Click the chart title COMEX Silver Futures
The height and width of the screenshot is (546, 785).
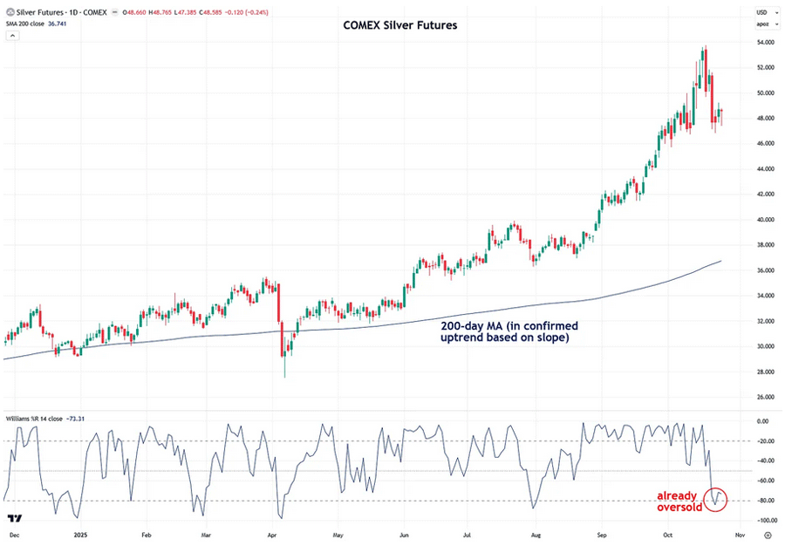399,25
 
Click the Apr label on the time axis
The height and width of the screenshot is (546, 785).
271,533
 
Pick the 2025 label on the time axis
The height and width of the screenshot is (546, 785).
78,533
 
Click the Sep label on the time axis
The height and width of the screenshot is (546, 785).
602,533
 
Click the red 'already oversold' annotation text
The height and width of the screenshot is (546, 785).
680,502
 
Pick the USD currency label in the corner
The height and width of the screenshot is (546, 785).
761,12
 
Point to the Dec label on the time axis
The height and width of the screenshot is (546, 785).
14,533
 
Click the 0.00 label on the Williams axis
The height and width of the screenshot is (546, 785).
763,421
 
